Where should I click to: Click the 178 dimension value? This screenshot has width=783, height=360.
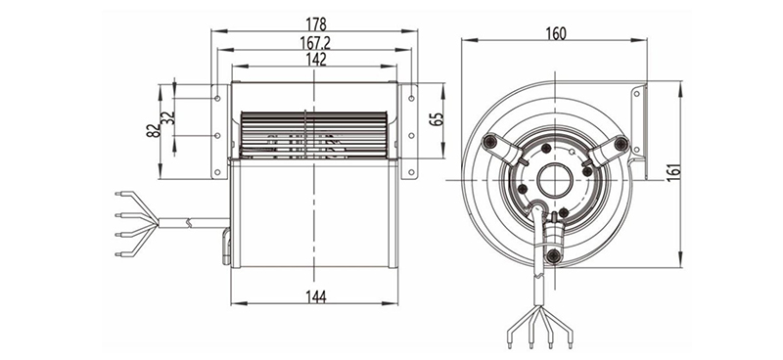(315, 22)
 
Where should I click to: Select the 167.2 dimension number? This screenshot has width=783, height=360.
(315, 42)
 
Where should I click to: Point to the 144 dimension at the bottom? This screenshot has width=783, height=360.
(315, 296)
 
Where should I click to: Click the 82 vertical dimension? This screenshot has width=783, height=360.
(154, 132)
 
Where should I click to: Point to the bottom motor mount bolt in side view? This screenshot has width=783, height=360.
(555, 255)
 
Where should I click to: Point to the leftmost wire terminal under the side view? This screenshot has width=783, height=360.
(511, 342)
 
